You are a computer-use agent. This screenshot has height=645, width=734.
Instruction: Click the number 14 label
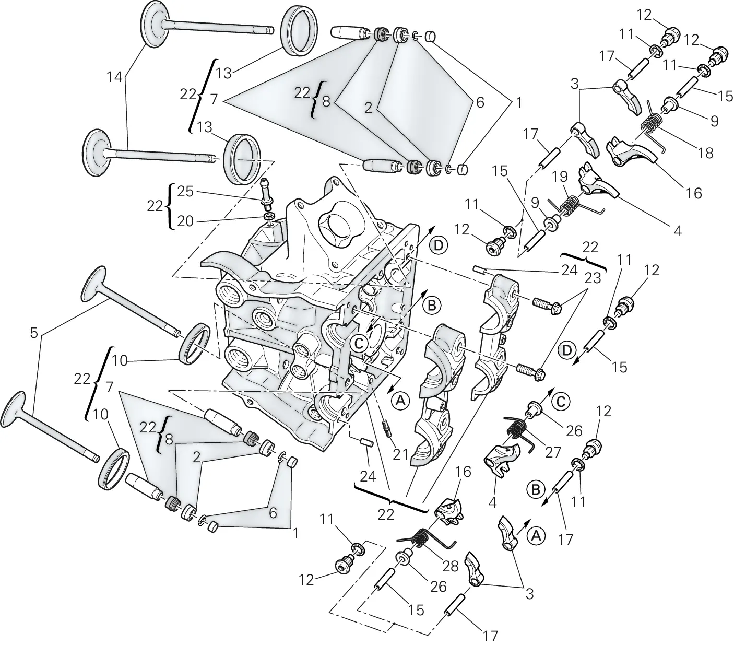click(114, 77)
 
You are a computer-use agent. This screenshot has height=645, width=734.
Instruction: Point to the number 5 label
click(34, 333)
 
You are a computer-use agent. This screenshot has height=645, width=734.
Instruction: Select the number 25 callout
click(185, 192)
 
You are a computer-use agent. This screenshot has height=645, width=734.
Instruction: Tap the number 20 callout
click(185, 221)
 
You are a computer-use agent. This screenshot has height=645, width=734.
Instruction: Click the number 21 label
click(401, 454)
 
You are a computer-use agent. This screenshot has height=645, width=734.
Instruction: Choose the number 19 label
click(560, 177)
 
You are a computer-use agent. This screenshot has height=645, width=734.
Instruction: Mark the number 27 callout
click(553, 452)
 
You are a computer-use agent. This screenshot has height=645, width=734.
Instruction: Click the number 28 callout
click(451, 566)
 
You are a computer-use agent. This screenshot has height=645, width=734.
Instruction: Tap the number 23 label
click(593, 278)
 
